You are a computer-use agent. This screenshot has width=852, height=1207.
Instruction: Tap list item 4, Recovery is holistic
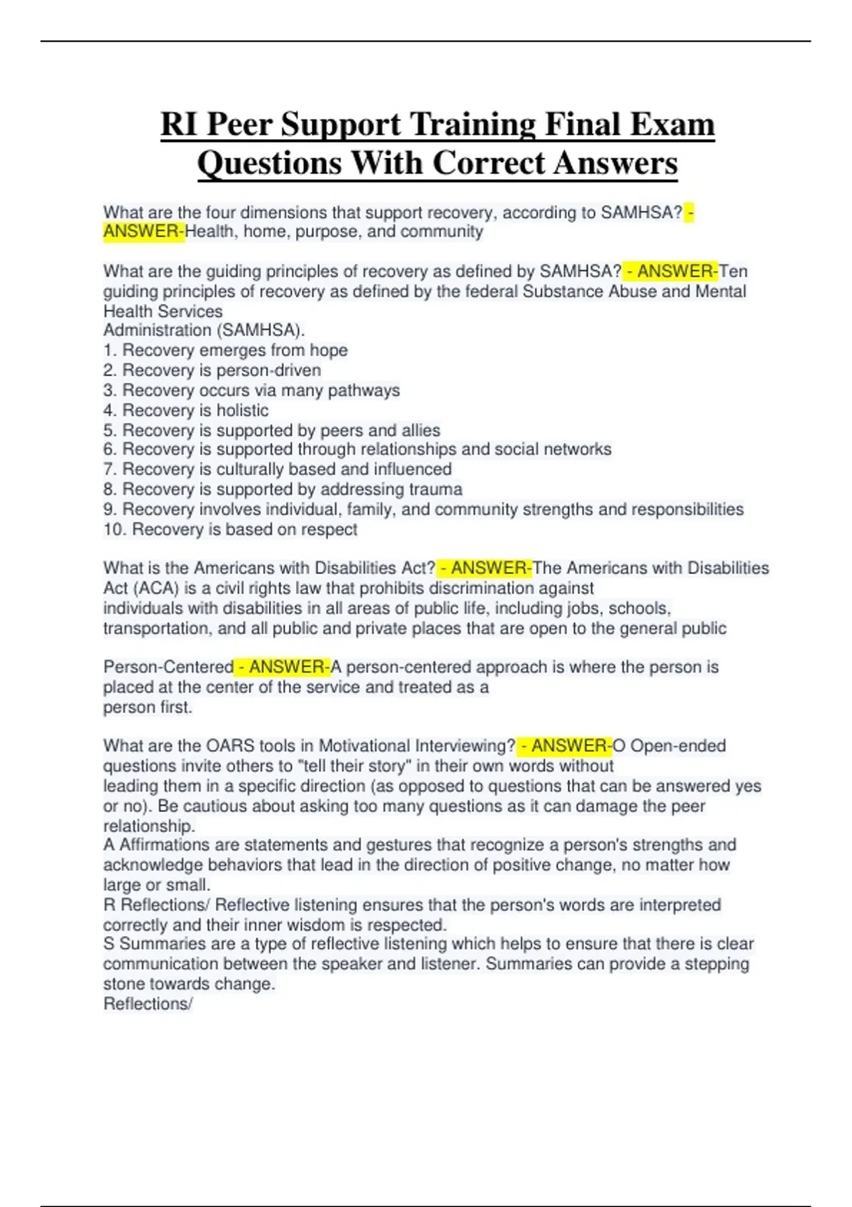186,410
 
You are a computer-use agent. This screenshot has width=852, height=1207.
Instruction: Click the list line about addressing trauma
283,489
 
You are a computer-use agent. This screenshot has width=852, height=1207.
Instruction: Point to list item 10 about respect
230,529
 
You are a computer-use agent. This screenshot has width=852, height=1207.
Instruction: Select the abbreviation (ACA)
156,588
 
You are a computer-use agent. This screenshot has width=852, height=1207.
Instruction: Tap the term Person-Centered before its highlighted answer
168,667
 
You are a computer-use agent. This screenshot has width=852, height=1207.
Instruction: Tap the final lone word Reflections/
148,1004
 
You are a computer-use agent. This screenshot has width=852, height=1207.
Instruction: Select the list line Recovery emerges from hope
225,350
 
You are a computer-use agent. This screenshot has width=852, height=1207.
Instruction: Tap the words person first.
148,707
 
